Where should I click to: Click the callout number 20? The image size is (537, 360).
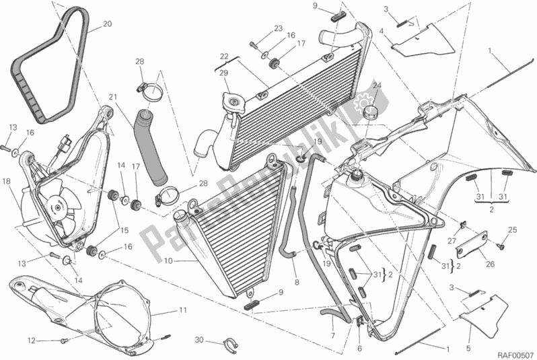(x=107, y=25)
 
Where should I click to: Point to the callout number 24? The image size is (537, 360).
(x=376, y=85)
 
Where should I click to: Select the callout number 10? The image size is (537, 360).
(x=168, y=261)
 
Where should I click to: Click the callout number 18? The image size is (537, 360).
(x=5, y=181)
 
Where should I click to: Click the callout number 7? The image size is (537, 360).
(x=332, y=334)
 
